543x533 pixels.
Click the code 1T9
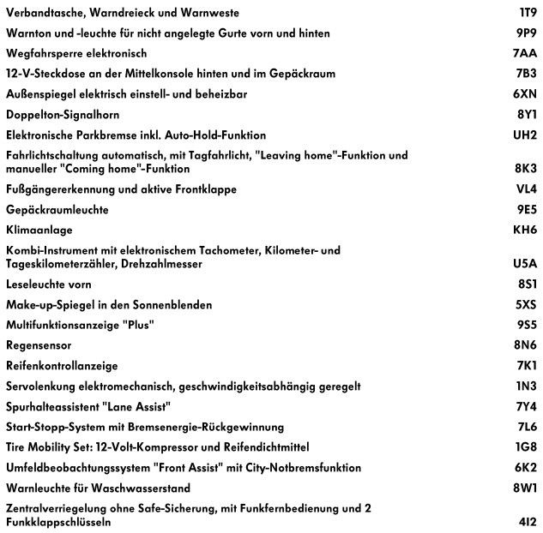point(528,13)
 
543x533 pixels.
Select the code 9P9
point(526,33)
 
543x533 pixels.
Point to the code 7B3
point(526,73)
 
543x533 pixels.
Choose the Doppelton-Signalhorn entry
point(63,114)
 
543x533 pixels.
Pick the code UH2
point(525,135)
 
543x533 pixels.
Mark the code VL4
point(526,189)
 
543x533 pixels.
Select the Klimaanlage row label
point(39,230)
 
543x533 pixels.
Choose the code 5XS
point(526,304)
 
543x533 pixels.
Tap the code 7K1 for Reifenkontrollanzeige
point(526,366)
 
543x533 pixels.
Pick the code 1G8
point(526,447)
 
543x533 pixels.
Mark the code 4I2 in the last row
point(528,522)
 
